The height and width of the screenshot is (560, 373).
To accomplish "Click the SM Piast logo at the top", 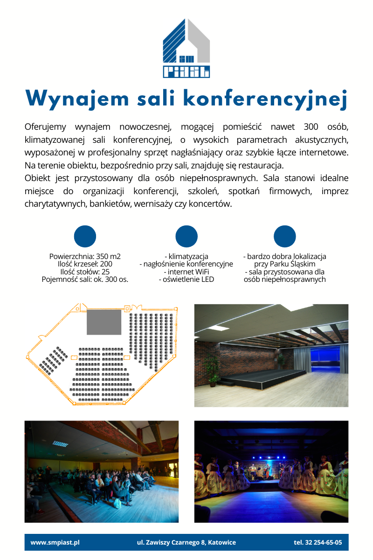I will [186, 48].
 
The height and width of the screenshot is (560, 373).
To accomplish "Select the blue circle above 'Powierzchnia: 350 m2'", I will [85, 237].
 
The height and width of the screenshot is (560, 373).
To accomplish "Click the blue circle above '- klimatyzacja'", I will [186, 237].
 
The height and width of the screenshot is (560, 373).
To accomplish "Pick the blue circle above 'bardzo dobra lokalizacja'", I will [285, 237].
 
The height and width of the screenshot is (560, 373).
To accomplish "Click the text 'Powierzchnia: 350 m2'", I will [85, 257].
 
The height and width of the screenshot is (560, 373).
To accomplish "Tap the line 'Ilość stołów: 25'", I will [85, 272].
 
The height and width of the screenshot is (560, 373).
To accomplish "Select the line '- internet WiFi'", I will [186, 272].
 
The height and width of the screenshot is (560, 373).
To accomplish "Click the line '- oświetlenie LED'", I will [186, 280].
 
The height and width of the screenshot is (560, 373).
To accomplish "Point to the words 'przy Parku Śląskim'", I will [285, 264].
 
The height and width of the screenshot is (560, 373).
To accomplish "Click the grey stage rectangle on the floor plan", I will [104, 322].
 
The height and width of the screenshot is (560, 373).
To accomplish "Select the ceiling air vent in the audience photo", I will [60, 443].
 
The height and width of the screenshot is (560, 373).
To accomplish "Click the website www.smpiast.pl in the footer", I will [55, 543].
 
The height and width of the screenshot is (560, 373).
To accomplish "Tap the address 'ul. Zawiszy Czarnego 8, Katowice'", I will [186, 543].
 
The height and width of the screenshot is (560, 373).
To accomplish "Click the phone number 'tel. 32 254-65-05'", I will [318, 543].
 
